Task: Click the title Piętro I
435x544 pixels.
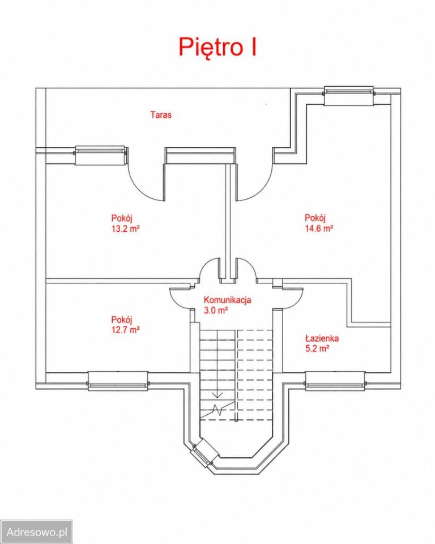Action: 217,47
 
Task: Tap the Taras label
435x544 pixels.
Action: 161,114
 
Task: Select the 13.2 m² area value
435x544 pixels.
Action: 125,228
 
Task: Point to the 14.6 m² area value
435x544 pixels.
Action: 319,228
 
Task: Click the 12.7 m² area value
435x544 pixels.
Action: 125,330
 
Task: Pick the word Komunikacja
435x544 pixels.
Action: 227,300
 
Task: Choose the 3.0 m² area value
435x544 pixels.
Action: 215,310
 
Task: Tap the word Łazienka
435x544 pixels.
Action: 322,338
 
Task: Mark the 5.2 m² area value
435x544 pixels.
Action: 317,348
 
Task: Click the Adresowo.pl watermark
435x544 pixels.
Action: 37,532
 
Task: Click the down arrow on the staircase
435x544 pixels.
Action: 217,393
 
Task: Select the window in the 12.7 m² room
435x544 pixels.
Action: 118,381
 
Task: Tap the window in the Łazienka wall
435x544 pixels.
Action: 335,381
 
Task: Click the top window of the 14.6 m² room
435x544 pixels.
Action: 349,95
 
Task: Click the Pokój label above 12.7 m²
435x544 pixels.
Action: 121,320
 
